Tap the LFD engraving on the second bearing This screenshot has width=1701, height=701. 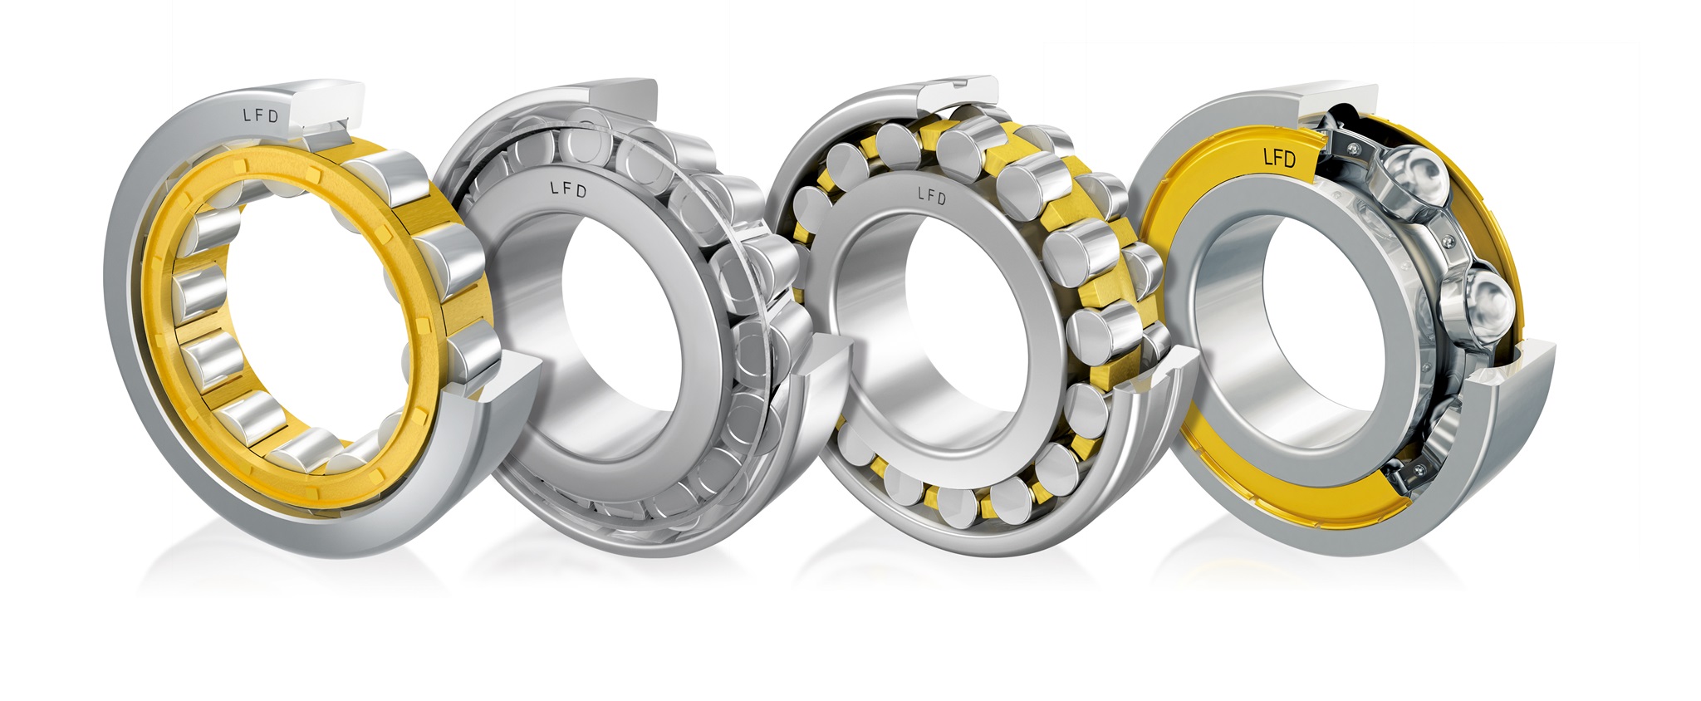[x=569, y=189]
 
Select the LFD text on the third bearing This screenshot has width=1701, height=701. [x=931, y=195]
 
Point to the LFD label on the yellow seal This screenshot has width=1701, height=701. [x=1278, y=156]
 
